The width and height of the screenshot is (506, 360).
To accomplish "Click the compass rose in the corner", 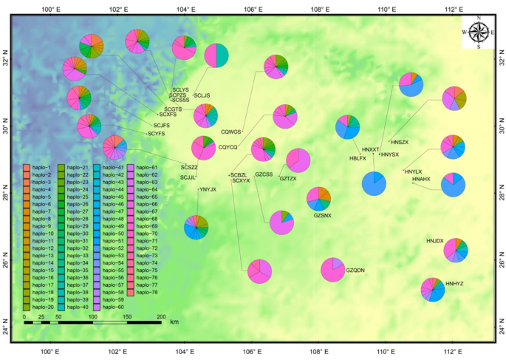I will tap(479, 33).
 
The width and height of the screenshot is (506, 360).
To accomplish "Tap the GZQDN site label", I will tap(355, 271).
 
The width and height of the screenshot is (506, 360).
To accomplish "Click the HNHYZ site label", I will tap(455, 283).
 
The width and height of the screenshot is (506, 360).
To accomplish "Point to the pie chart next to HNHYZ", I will tap(433, 291).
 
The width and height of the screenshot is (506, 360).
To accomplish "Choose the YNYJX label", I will tap(208, 190).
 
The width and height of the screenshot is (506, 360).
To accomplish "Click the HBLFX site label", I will tap(358, 158).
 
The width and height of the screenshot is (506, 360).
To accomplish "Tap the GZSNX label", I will tap(323, 215).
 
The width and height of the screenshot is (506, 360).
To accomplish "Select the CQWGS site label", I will tap(231, 132).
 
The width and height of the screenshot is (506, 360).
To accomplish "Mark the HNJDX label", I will tap(435, 241).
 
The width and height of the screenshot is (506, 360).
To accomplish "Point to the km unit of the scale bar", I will tap(174, 322).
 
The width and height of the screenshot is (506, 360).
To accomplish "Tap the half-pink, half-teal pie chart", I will tap(216, 55).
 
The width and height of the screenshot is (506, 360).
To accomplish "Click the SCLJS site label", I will tap(202, 96).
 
